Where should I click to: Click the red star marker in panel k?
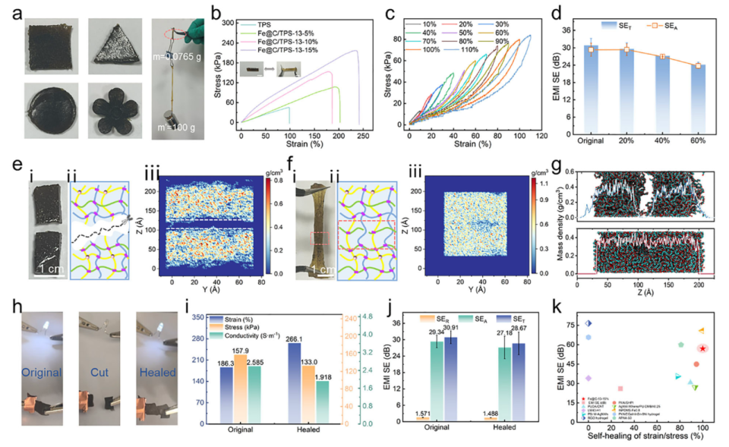(703, 348)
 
